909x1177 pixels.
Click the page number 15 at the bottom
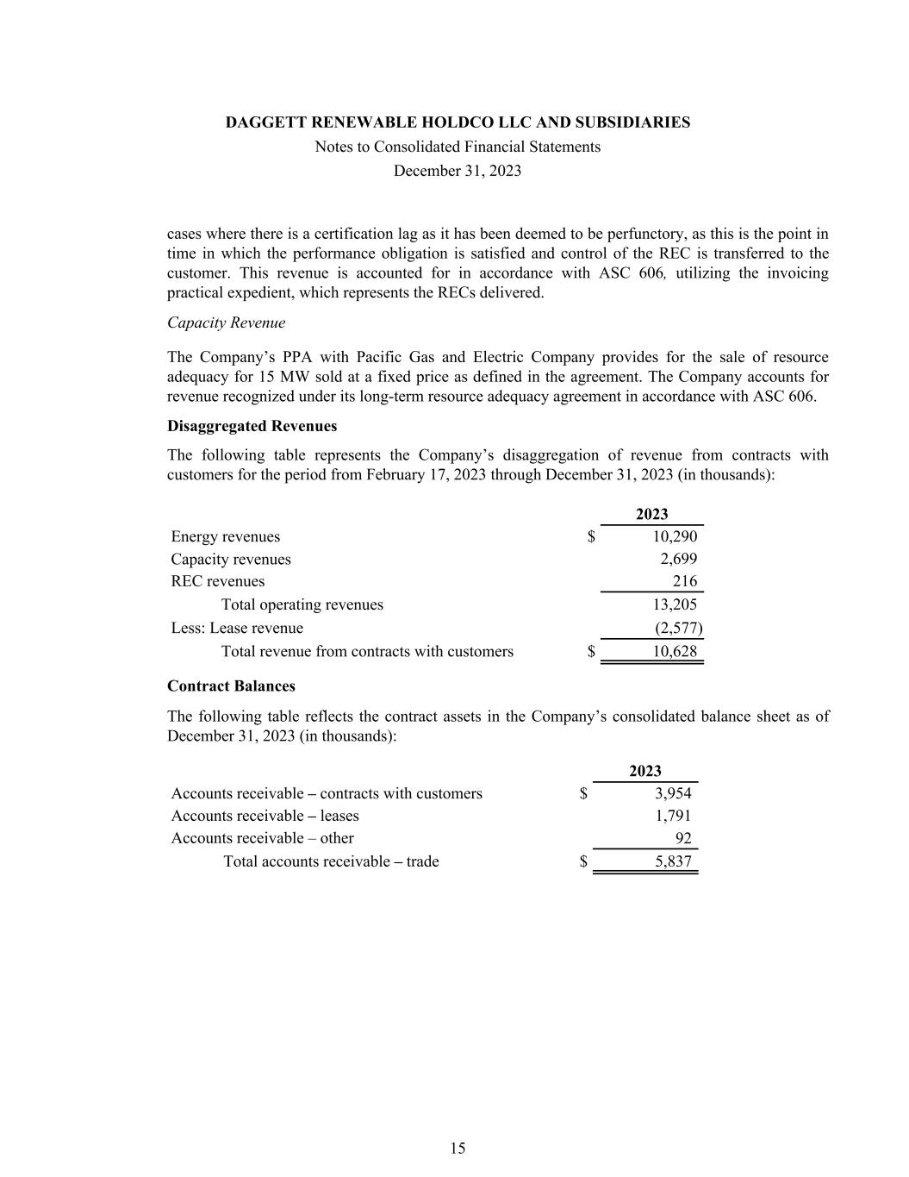pos(458,1148)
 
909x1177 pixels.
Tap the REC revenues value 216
pos(685,581)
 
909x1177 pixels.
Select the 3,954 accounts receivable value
pos(673,793)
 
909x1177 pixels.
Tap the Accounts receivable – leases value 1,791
pos(673,816)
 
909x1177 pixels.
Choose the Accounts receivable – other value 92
pos(682,838)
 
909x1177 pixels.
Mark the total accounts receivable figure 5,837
pos(673,861)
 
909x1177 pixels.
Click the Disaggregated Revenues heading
pos(252,426)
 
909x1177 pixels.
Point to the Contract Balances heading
pos(231,686)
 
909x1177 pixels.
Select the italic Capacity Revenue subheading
pos(226,322)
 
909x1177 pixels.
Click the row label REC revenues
pos(218,581)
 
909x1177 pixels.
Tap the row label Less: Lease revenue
pos(237,628)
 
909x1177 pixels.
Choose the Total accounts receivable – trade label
pos(331,861)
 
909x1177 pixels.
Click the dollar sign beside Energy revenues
pos(591,536)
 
